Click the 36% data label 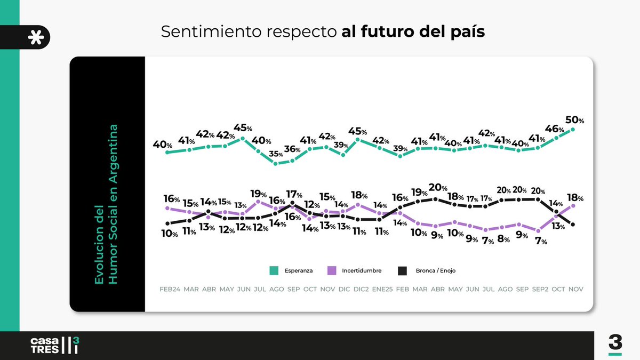[x=293, y=149]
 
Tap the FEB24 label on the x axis [x=170, y=289]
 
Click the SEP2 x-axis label [x=538, y=289]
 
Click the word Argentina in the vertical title [x=113, y=150]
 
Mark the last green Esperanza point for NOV [x=573, y=129]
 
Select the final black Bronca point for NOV [x=573, y=225]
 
